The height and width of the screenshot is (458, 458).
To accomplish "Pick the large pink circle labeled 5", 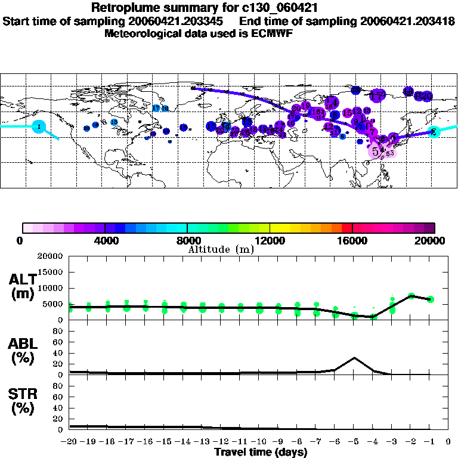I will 376,151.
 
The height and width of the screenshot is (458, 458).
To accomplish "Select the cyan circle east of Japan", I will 434,132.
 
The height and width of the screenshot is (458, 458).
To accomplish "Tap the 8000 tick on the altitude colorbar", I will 187,240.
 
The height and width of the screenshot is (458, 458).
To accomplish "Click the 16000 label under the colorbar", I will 352,240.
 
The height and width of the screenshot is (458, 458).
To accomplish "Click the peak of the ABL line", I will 354,358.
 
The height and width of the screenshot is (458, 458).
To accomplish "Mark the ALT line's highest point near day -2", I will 411,295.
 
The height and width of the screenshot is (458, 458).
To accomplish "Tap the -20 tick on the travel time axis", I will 70,442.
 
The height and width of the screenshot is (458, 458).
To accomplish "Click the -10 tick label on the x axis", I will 259,442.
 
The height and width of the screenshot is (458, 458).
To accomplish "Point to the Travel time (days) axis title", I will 261,453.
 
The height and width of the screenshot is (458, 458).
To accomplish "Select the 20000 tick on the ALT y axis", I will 51,256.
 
